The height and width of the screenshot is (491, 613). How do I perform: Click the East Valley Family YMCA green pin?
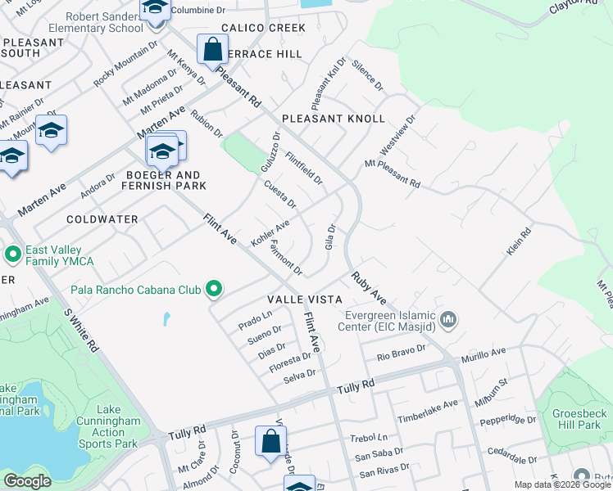tap(12, 255)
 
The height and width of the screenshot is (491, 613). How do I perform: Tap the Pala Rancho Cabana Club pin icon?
tap(214, 288)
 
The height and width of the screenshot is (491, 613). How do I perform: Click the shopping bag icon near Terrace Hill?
tap(212, 48)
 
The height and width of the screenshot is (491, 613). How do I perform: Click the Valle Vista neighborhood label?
tap(303, 300)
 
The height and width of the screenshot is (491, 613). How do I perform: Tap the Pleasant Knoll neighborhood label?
tap(333, 119)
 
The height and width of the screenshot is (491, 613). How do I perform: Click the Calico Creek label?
tap(252, 28)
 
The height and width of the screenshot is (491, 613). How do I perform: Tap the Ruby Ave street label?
tap(369, 288)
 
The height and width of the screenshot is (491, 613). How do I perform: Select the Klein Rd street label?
tap(518, 241)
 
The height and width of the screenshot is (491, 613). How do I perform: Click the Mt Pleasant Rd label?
tap(392, 174)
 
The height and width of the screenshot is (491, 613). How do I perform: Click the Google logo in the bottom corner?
tap(27, 481)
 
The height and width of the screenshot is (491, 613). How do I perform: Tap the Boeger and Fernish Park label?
tap(163, 180)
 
